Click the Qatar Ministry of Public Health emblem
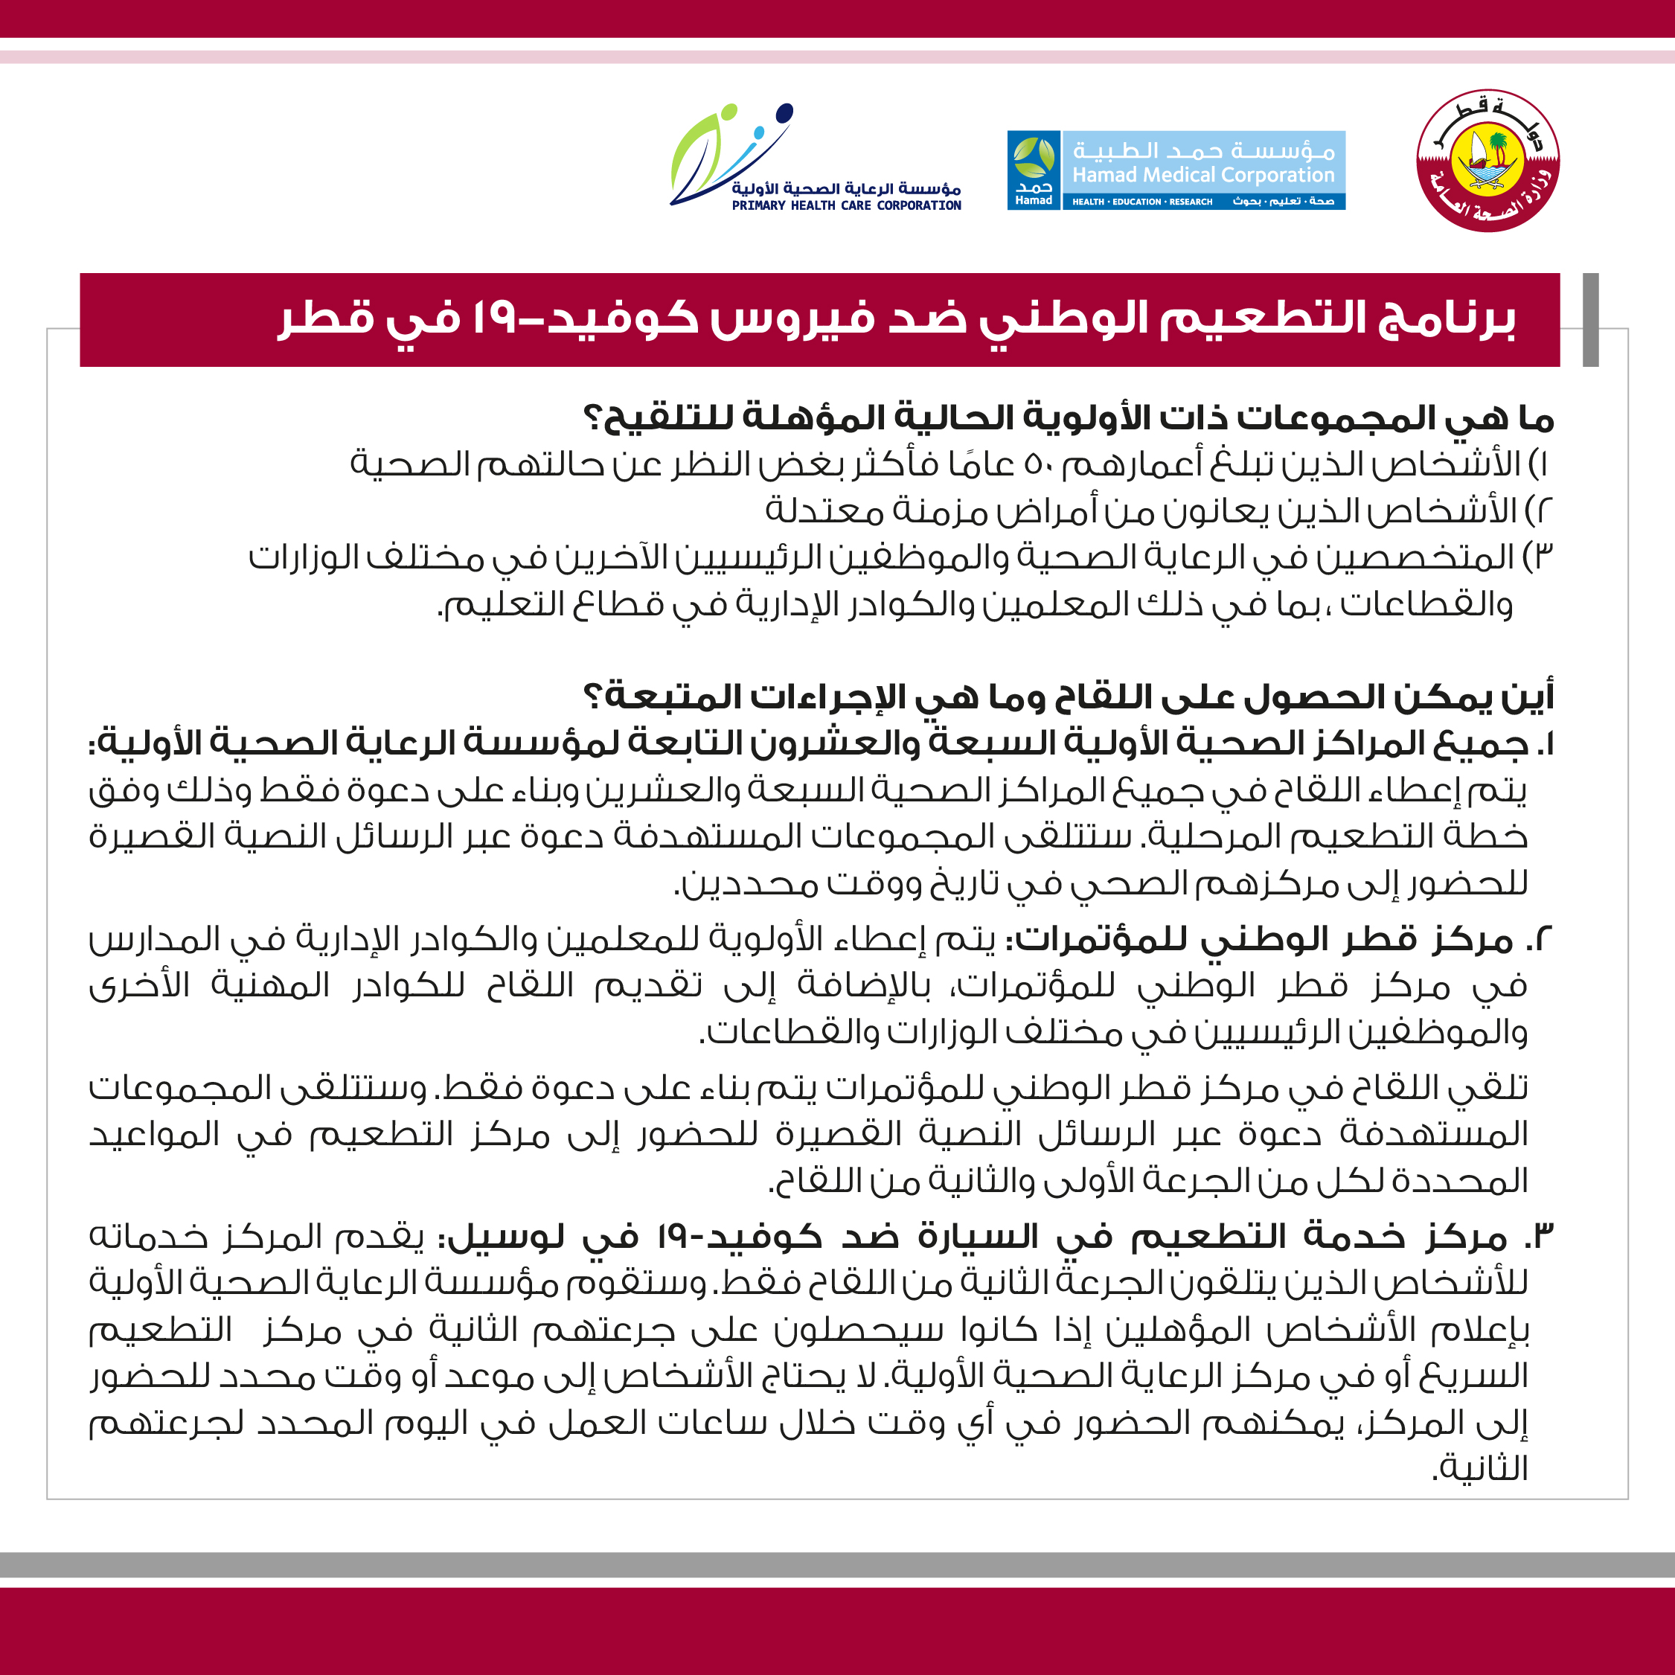click(1487, 161)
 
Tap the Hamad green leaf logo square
click(1034, 170)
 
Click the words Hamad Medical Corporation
click(1203, 175)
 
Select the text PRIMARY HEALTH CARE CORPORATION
click(846, 205)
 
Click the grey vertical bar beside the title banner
click(1590, 320)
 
